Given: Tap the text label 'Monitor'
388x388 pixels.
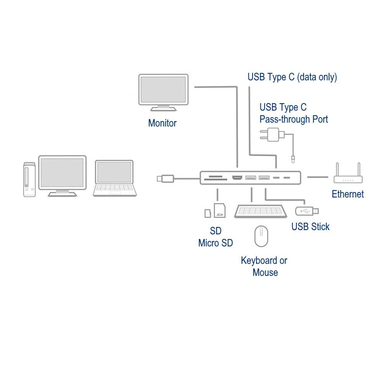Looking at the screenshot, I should click(162, 123).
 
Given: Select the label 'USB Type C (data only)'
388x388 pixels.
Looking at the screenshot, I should click(292, 77).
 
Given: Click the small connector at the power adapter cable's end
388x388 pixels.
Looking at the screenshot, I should click(293, 158).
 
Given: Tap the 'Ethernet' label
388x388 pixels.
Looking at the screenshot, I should click(348, 194).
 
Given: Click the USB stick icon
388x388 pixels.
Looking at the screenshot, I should click(308, 211).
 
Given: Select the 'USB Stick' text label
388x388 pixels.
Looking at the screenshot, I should click(310, 227).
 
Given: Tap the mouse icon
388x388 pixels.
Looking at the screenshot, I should click(261, 236).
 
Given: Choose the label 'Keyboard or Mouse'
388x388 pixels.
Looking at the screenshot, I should click(264, 266).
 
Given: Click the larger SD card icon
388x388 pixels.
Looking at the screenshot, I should click(220, 210).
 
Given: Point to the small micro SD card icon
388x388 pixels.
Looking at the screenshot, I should click(208, 213).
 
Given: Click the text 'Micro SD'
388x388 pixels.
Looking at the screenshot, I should click(215, 243).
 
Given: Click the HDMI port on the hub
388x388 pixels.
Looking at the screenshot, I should click(236, 178).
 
